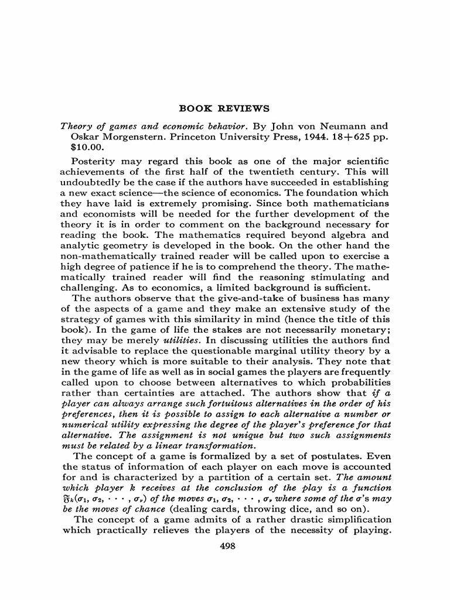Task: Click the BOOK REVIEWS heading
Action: click(x=224, y=108)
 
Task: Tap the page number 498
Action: click(x=225, y=546)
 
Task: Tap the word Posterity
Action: click(x=94, y=161)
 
